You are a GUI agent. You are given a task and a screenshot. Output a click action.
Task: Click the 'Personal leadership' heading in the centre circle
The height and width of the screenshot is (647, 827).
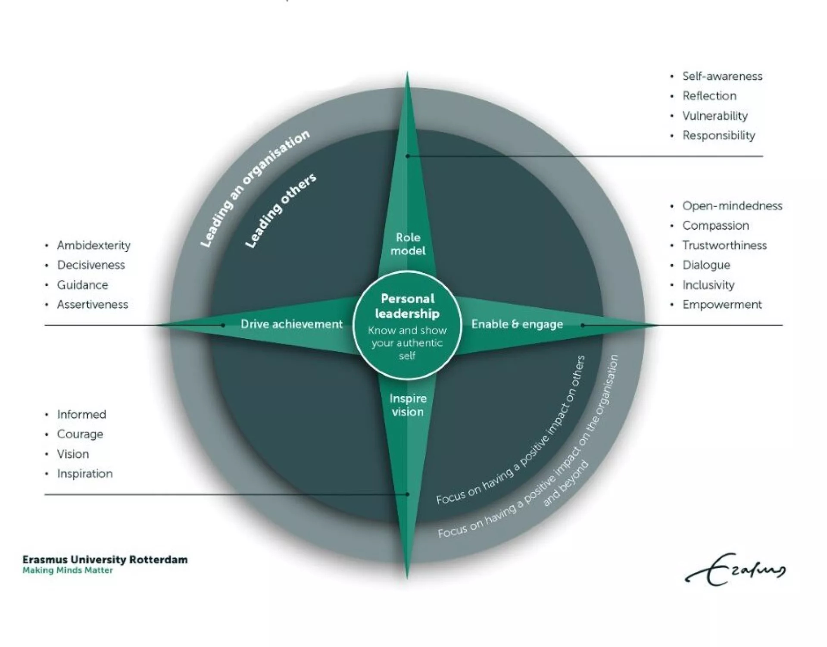pyautogui.click(x=407, y=306)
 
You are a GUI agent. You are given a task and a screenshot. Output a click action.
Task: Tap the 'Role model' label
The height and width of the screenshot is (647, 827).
pyautogui.click(x=408, y=244)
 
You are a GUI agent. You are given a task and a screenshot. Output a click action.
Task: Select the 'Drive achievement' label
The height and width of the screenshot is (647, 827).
pyautogui.click(x=291, y=324)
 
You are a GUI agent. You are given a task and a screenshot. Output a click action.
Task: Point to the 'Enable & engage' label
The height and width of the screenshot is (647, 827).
pyautogui.click(x=517, y=324)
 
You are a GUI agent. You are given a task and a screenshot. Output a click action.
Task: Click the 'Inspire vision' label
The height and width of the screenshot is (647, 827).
pyautogui.click(x=408, y=405)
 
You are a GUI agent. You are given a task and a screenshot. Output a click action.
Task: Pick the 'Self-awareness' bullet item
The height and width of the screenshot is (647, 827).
pyautogui.click(x=722, y=76)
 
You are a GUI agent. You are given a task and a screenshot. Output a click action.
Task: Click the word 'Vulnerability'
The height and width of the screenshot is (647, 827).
pyautogui.click(x=715, y=116)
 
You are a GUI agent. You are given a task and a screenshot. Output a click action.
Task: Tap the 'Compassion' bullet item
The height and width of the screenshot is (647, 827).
pyautogui.click(x=715, y=225)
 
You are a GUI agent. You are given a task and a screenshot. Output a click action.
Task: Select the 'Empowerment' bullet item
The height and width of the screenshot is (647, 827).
pyautogui.click(x=722, y=305)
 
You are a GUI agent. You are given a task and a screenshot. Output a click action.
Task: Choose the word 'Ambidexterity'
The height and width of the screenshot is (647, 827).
pyautogui.click(x=94, y=245)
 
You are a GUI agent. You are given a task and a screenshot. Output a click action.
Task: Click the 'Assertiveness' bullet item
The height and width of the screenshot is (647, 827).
pyautogui.click(x=92, y=305)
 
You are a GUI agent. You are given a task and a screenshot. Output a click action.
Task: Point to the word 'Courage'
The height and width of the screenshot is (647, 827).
pyautogui.click(x=80, y=434)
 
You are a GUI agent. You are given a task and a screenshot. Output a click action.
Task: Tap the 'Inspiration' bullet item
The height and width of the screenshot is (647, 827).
pyautogui.click(x=84, y=474)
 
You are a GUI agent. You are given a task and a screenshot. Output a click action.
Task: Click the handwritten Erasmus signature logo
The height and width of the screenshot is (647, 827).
pyautogui.click(x=735, y=570)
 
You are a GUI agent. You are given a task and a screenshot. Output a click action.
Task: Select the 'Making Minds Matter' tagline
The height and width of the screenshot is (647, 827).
pyautogui.click(x=67, y=570)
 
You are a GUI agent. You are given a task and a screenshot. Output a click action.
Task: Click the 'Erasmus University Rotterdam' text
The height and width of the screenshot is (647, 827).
pyautogui.click(x=105, y=559)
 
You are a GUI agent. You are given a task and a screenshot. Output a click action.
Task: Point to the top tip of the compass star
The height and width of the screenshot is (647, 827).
pyautogui.click(x=407, y=74)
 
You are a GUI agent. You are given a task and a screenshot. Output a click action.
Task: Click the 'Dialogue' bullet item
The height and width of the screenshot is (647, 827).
pyautogui.click(x=706, y=265)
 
